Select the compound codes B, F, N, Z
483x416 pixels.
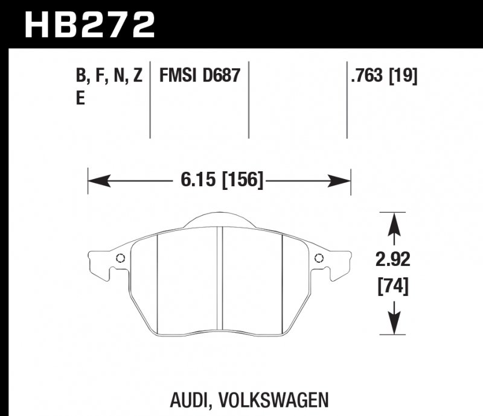tap(109, 76)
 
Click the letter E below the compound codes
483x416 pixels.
tap(80, 99)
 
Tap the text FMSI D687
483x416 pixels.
tap(200, 76)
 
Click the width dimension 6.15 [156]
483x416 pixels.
tap(220, 179)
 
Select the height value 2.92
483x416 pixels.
tap(393, 260)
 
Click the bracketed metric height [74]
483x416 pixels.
tap(393, 287)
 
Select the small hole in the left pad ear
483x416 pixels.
tap(120, 259)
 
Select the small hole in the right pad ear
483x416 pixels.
tap(319, 259)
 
